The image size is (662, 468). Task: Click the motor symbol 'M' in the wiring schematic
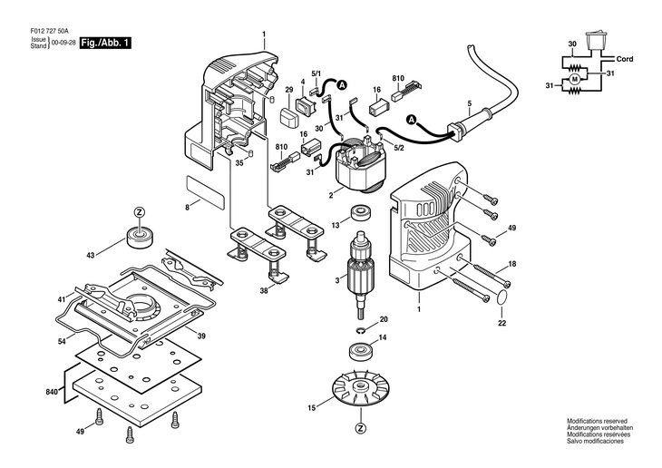click(574, 82)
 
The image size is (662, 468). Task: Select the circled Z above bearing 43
click(139, 212)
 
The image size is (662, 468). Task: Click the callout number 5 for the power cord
click(469, 103)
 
